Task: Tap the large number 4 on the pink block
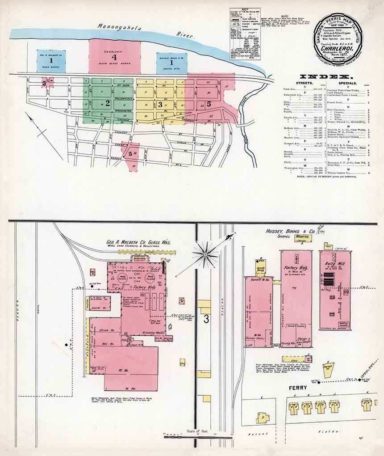[114, 57]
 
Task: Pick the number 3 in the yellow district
[160, 104]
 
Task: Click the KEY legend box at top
[245, 34]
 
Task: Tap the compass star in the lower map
[205, 255]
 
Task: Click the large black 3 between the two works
[206, 319]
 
